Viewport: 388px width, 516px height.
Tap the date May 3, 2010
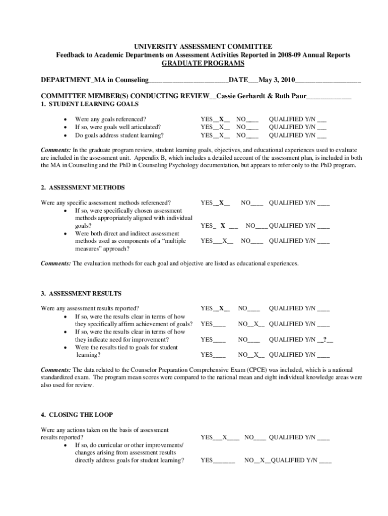[276, 80]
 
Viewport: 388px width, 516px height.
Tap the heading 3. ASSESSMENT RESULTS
[81, 293]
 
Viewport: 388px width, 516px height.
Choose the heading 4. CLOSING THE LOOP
[77, 415]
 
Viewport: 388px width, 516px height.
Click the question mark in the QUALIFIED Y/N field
[325, 340]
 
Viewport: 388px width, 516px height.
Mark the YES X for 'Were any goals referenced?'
[221, 119]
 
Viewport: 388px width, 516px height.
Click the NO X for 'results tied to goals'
[256, 355]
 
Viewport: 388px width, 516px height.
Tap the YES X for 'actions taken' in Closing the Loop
[225, 438]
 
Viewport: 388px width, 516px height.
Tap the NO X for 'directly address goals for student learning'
[262, 461]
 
